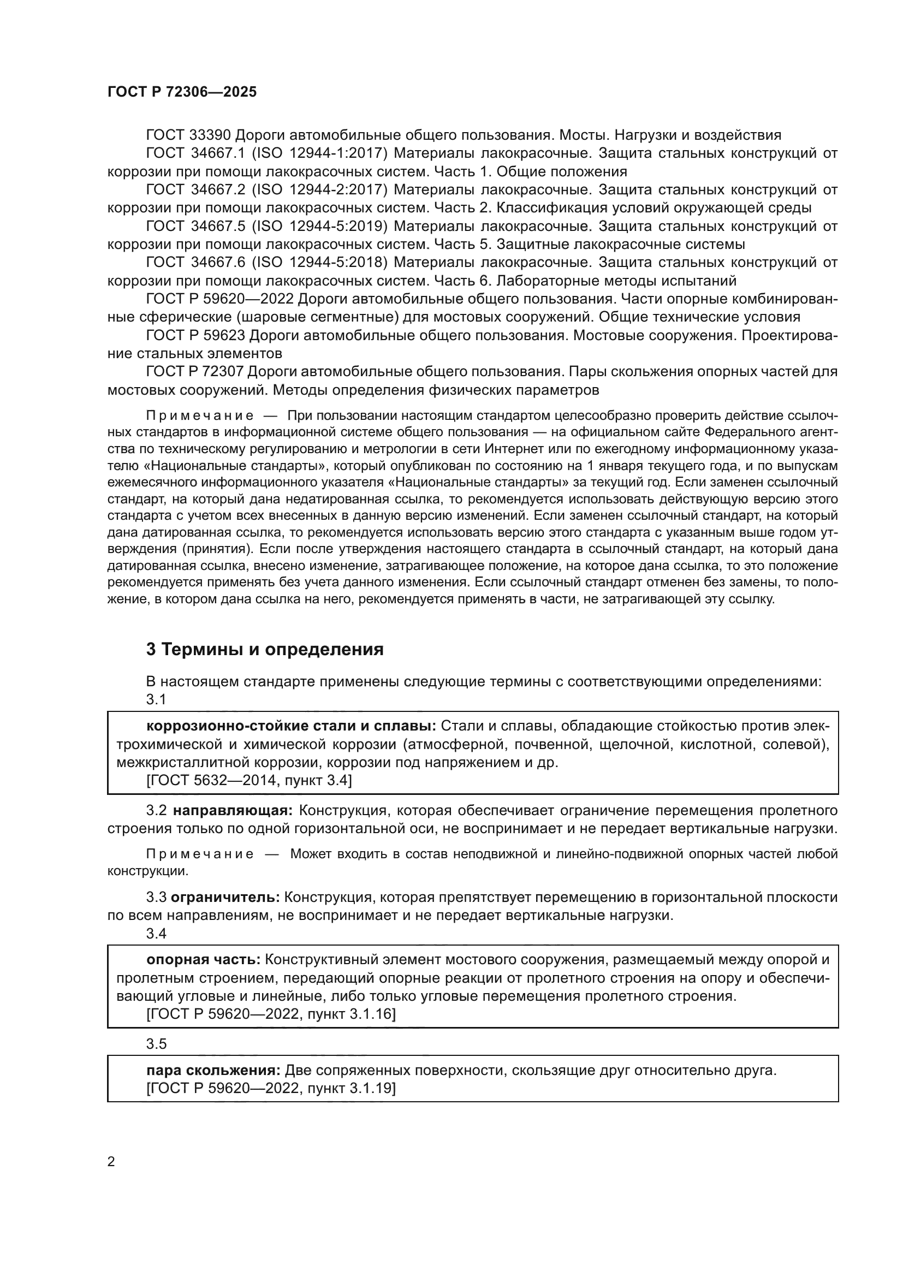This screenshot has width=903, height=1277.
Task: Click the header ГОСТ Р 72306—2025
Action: (182, 92)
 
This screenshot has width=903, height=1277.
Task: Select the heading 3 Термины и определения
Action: (265, 649)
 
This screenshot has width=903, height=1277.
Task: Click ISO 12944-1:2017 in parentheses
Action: (319, 153)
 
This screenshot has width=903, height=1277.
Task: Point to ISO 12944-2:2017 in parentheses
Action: (319, 189)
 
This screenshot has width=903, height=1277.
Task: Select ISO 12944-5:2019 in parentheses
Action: (319, 227)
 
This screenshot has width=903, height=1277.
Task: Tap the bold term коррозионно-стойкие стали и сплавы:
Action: (293, 726)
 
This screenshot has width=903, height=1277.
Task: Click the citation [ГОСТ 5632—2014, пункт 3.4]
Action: (249, 780)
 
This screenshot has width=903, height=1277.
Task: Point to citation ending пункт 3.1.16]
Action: (271, 1014)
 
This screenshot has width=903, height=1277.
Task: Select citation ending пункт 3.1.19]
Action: (271, 1089)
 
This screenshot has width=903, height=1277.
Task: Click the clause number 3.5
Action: (156, 1044)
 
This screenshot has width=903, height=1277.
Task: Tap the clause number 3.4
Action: (156, 933)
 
